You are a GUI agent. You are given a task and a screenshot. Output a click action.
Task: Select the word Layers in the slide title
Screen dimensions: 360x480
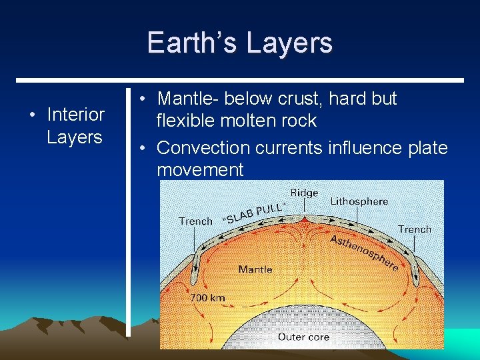[289, 43]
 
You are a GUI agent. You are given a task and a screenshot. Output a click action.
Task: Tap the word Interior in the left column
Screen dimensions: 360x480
[75, 115]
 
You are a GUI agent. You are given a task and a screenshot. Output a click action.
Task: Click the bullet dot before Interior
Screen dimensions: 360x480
[32, 115]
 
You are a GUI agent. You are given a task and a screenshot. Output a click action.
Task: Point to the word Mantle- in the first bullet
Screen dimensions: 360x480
[188, 99]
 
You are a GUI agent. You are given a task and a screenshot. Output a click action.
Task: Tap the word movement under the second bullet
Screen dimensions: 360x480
[200, 169]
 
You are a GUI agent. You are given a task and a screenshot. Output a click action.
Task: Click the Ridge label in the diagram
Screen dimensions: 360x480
[304, 193]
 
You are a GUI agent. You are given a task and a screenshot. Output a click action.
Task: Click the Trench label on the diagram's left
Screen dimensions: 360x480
[195, 221]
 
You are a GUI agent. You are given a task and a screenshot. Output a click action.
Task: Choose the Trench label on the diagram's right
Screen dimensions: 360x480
[415, 229]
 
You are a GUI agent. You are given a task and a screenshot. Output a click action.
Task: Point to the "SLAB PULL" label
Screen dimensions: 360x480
[255, 213]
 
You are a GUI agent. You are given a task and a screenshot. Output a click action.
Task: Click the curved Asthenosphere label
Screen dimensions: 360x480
[364, 252]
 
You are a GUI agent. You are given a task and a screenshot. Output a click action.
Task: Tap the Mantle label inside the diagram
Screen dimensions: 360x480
[255, 269]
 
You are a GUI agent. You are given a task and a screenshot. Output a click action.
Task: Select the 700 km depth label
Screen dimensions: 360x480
[207, 298]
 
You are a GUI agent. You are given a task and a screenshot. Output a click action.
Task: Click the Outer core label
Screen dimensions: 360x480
[303, 337]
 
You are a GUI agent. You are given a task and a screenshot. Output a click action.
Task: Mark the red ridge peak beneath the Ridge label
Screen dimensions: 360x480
[304, 218]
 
